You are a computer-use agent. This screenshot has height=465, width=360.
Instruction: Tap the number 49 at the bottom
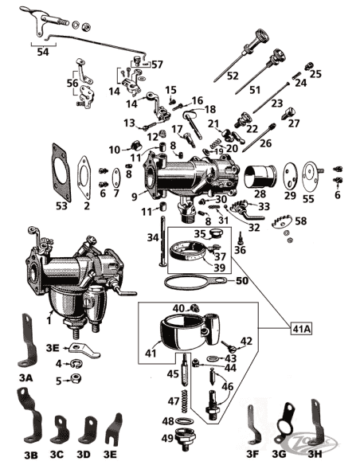(168, 437)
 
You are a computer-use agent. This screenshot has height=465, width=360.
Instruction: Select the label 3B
(30, 455)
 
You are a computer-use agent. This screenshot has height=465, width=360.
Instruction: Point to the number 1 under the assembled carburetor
(49, 320)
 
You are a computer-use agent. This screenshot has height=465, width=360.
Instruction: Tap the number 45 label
(173, 373)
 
